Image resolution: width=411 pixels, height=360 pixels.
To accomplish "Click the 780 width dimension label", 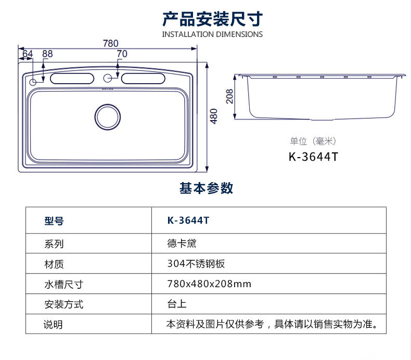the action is pyautogui.click(x=111, y=43).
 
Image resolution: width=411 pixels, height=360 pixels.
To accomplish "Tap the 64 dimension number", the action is pyautogui.click(x=28, y=54).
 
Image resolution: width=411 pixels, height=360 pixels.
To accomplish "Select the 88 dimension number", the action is pyautogui.click(x=47, y=54).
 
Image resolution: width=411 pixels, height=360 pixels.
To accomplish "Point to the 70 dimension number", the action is pyautogui.click(x=122, y=54).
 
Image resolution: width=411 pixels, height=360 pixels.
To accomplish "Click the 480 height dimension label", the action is pyautogui.click(x=214, y=116).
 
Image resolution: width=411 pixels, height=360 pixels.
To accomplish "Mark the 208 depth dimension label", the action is pyautogui.click(x=229, y=96).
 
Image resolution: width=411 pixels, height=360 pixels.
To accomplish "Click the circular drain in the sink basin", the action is pyautogui.click(x=108, y=117).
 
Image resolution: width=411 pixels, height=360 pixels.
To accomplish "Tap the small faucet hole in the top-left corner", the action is pyautogui.click(x=33, y=82).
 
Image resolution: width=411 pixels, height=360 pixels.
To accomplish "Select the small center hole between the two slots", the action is pyautogui.click(x=108, y=78).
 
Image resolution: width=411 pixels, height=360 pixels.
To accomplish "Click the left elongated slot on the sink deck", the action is pyautogui.click(x=72, y=79).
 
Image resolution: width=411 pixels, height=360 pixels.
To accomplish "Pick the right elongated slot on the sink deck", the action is pyautogui.click(x=143, y=79).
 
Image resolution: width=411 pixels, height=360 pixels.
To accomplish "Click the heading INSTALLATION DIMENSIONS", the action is pyautogui.click(x=212, y=34).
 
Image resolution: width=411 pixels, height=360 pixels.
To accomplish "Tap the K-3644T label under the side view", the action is pyautogui.click(x=313, y=157).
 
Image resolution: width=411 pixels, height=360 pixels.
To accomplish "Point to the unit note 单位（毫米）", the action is pyautogui.click(x=313, y=142).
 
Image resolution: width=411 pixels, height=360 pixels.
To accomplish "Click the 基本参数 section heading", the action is pyautogui.click(x=207, y=188).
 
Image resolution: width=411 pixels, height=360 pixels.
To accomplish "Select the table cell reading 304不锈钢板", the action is pyautogui.click(x=196, y=264).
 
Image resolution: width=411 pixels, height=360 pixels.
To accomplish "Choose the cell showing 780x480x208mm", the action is pyautogui.click(x=209, y=284).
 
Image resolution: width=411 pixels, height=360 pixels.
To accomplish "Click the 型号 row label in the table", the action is pyautogui.click(x=54, y=221).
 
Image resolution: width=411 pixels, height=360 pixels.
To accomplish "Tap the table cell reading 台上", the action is pyautogui.click(x=177, y=304).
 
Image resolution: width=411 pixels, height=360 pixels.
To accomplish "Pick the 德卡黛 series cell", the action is pyautogui.click(x=182, y=243).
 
